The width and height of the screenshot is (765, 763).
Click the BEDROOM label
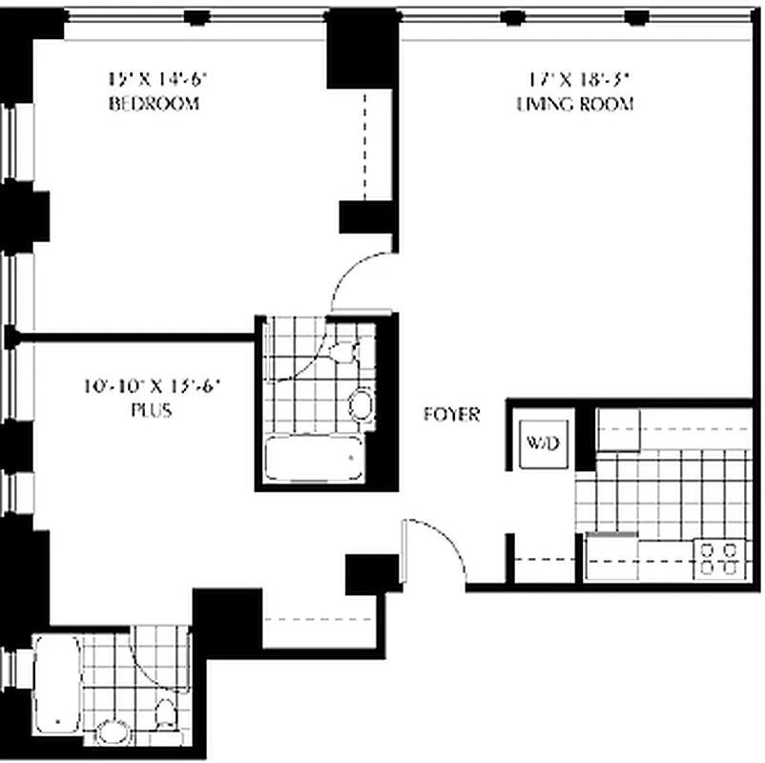click(155, 104)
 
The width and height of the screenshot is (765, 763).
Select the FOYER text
click(452, 415)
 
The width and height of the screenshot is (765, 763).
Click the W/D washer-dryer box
click(535, 443)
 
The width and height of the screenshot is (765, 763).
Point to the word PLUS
click(153, 411)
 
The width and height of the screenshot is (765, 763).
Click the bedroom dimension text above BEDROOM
click(155, 80)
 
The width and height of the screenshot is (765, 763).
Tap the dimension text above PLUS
click(153, 387)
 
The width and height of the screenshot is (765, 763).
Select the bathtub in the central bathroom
click(314, 460)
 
